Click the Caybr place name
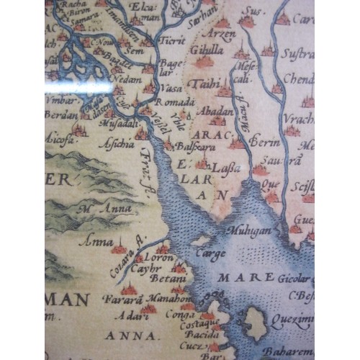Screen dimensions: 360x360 tap(146, 269)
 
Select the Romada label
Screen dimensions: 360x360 tap(169, 104)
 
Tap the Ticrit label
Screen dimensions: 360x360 tap(173, 41)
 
